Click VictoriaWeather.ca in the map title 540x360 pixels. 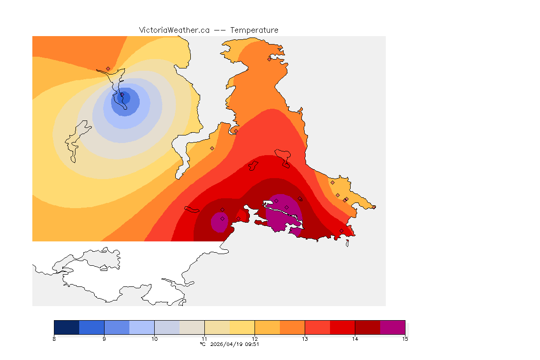pos(174,30)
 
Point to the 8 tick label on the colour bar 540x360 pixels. pos(54,338)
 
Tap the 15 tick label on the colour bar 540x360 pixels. pos(405,338)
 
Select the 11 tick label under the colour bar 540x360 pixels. pos(204,338)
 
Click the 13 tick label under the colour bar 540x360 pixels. pos(305,338)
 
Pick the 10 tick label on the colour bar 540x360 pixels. pos(154,338)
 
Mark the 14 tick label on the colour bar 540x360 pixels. pos(355,338)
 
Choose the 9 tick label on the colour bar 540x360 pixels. pos(104,338)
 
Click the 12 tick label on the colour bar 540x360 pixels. pos(255,338)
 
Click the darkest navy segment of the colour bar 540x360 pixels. pos(67,327)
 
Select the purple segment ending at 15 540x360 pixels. pos(392,327)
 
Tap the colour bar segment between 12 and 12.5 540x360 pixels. pos(267,327)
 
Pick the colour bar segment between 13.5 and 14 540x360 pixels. pos(342,327)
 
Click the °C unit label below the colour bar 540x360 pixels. pos(202,344)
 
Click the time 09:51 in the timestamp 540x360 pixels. pos(253,344)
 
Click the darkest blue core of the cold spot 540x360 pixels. pos(125,97)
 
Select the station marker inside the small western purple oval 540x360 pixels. pos(222,219)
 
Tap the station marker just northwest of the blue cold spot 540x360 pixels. pos(108,68)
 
